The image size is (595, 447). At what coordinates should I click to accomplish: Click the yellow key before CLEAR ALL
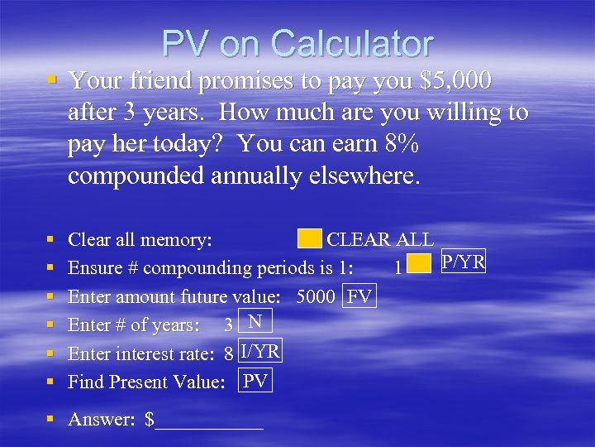pos(310,239)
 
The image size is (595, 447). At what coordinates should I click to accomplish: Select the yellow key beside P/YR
pos(420,264)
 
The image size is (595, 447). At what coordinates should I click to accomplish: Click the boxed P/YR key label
pos(463,262)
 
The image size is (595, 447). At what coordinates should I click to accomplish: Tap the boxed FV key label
pos(360,296)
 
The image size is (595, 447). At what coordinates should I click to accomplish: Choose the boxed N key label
pos(255,322)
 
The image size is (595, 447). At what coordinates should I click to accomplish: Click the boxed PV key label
pos(255,381)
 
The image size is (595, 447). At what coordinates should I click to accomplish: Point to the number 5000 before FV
pos(315,296)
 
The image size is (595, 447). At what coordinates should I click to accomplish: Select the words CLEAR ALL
pos(380,240)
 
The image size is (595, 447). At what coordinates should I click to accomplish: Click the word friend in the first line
pos(145,81)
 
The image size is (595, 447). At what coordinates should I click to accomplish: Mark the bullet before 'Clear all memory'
pos(52,240)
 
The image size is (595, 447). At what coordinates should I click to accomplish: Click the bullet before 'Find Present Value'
pos(52,382)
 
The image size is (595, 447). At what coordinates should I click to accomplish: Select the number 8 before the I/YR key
pos(229,354)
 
